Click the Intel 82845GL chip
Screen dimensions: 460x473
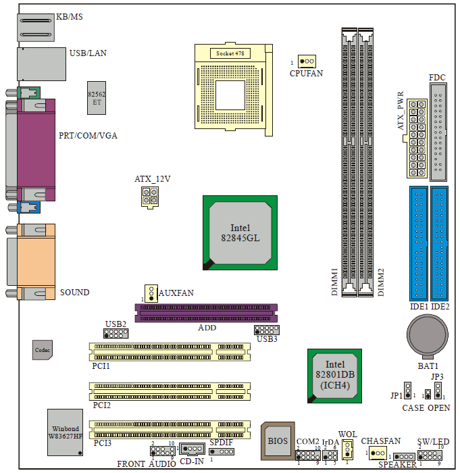240,233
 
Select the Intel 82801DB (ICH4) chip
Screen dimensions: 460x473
334,376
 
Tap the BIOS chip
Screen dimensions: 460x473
278,441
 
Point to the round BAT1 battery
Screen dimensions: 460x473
428,335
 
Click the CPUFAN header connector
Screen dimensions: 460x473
307,61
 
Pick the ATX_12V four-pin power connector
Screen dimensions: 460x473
150,197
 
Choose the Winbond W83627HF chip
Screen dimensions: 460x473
65,432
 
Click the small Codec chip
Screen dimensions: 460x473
43,350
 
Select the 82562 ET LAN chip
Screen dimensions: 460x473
97,98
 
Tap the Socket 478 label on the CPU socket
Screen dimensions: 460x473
230,53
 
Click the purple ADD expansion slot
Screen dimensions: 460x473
206,313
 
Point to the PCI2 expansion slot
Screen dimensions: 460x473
170,391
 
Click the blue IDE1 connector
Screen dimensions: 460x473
419,243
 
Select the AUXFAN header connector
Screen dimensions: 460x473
151,293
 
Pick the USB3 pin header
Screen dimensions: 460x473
267,330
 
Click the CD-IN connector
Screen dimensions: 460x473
192,449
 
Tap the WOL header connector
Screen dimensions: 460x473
347,449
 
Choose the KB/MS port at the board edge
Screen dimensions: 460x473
36,28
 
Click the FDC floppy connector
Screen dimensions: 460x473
438,132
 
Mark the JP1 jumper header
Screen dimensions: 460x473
407,391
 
